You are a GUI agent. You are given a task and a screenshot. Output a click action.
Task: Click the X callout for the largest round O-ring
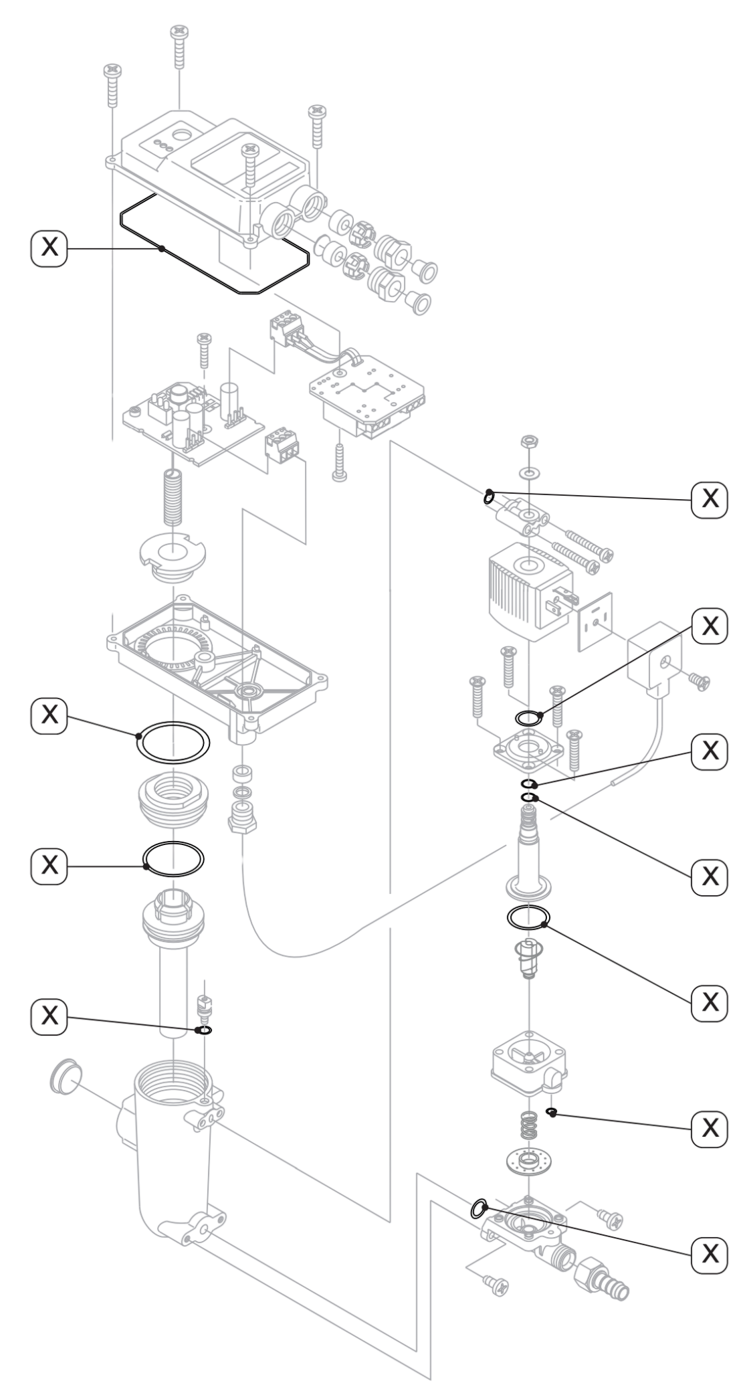[x=49, y=715]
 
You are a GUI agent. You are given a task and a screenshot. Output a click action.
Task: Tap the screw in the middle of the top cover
[x=251, y=165]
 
